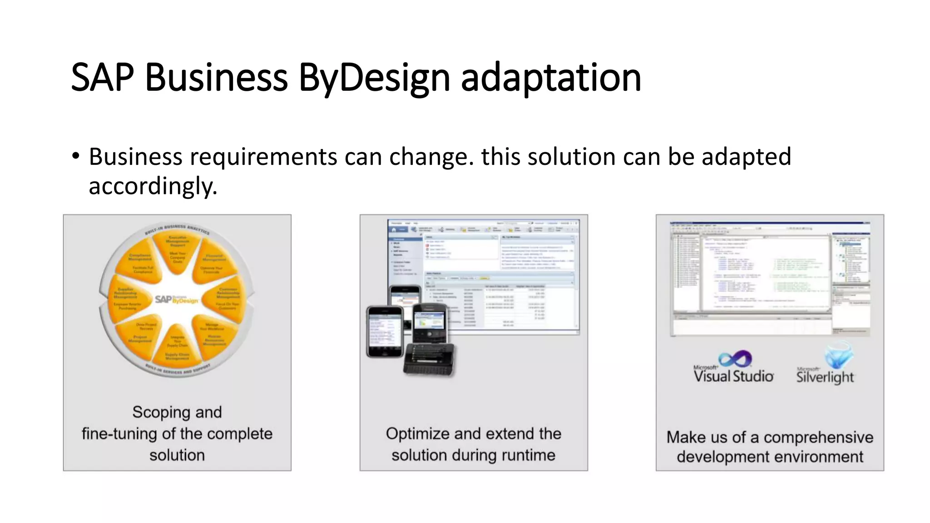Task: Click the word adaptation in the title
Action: [x=551, y=78]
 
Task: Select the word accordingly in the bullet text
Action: [x=153, y=187]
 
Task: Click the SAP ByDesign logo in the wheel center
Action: [x=176, y=300]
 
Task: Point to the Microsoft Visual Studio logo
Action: [x=733, y=367]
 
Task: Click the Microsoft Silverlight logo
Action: [x=826, y=365]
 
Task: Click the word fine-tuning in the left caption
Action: [x=119, y=434]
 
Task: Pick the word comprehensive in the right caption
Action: [x=818, y=438]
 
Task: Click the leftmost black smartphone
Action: [x=385, y=332]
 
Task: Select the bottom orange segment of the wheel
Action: [x=177, y=347]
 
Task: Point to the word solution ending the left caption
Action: [x=177, y=455]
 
